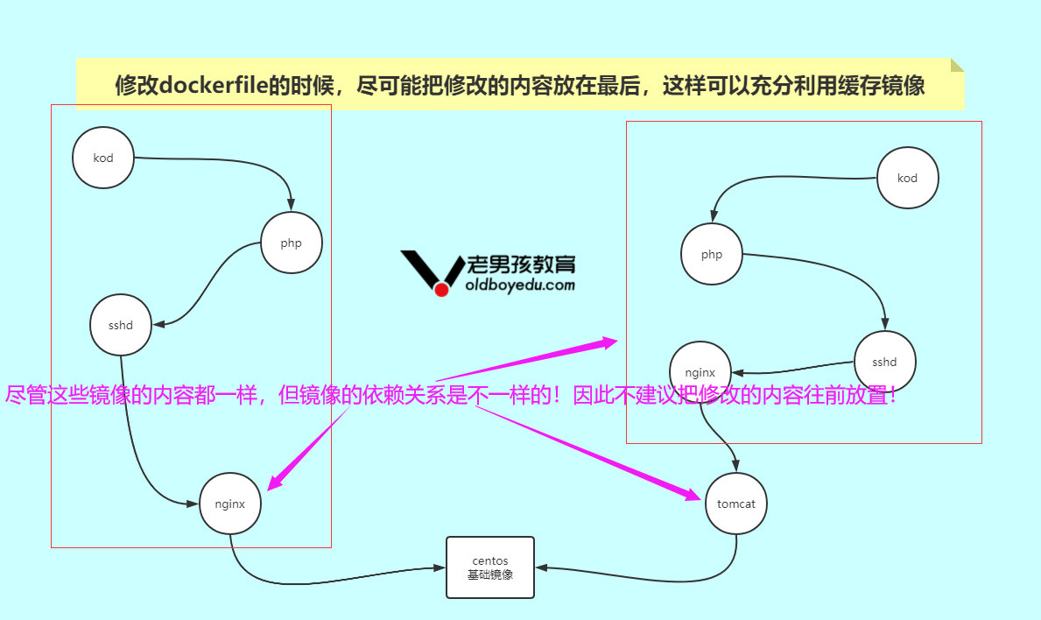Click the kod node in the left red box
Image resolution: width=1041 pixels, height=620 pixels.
[x=103, y=158]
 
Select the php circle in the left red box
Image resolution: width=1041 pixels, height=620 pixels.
[x=292, y=243]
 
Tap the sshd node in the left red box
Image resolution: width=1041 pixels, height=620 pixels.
[x=121, y=326]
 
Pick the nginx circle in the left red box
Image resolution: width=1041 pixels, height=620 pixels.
[x=229, y=504]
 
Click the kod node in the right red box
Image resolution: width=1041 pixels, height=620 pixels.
[x=908, y=178]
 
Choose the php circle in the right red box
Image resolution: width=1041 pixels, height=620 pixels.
[x=712, y=255]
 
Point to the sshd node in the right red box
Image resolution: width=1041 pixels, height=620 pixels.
[x=885, y=362]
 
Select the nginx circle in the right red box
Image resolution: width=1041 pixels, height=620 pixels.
[x=700, y=372]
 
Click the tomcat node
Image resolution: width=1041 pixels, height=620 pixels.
[x=736, y=504]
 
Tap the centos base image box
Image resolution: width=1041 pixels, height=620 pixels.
[x=490, y=567]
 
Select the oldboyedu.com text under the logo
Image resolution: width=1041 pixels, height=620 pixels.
[x=520, y=285]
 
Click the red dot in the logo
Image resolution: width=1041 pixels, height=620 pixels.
[x=442, y=289]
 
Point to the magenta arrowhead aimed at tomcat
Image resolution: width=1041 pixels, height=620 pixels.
[x=695, y=496]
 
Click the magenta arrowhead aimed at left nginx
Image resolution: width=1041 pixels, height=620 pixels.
[x=274, y=483]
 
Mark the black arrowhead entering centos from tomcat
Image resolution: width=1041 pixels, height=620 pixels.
[x=541, y=567]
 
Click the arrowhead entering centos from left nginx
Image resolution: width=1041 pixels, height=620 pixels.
[x=440, y=567]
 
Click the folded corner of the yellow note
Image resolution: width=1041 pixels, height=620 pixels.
[x=957, y=64]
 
